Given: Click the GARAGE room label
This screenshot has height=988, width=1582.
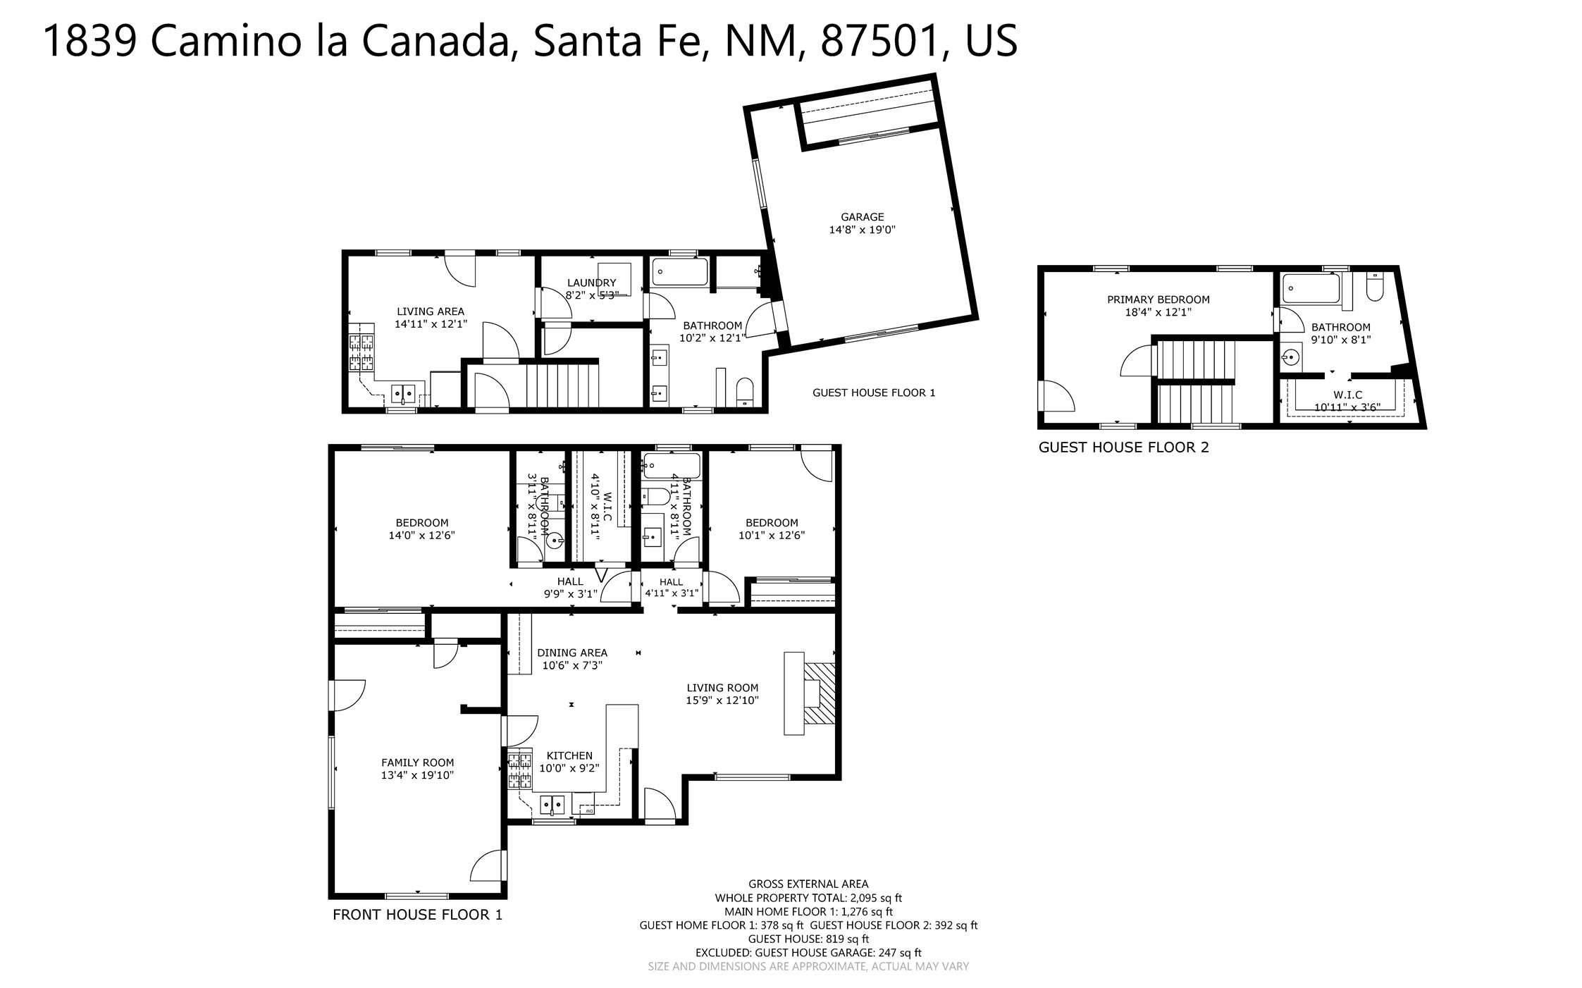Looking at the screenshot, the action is pyautogui.click(x=862, y=217).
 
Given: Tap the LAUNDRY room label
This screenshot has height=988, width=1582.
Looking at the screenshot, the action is pyautogui.click(x=591, y=283).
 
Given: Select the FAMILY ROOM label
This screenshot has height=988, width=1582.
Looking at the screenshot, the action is pyautogui.click(x=417, y=762).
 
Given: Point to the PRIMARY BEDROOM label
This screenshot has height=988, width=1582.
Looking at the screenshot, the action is pyautogui.click(x=1158, y=300).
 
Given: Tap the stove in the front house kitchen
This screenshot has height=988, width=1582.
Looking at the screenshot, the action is pyautogui.click(x=520, y=770).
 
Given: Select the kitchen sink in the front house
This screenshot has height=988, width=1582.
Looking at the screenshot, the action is pyautogui.click(x=553, y=804).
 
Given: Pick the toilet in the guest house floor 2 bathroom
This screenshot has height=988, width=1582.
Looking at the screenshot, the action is pyautogui.click(x=1375, y=287).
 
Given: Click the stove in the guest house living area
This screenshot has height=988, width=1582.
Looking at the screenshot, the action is pyautogui.click(x=361, y=352).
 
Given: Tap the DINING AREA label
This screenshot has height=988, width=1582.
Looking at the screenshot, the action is pyautogui.click(x=571, y=653).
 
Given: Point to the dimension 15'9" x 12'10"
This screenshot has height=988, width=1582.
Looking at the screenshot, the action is pyautogui.click(x=722, y=700).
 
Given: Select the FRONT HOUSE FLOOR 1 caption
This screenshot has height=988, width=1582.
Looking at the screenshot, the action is pyautogui.click(x=417, y=915).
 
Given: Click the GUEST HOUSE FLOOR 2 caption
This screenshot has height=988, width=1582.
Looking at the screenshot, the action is pyautogui.click(x=1123, y=447).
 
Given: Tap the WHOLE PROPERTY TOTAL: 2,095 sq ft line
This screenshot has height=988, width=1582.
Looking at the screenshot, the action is pyautogui.click(x=808, y=898).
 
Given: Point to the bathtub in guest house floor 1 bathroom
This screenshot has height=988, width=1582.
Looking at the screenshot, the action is pyautogui.click(x=680, y=271).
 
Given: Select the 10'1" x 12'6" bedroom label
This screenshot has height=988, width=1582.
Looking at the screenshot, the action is pyautogui.click(x=772, y=535).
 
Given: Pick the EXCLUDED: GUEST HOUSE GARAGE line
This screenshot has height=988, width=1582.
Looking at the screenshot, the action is pyautogui.click(x=808, y=953).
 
